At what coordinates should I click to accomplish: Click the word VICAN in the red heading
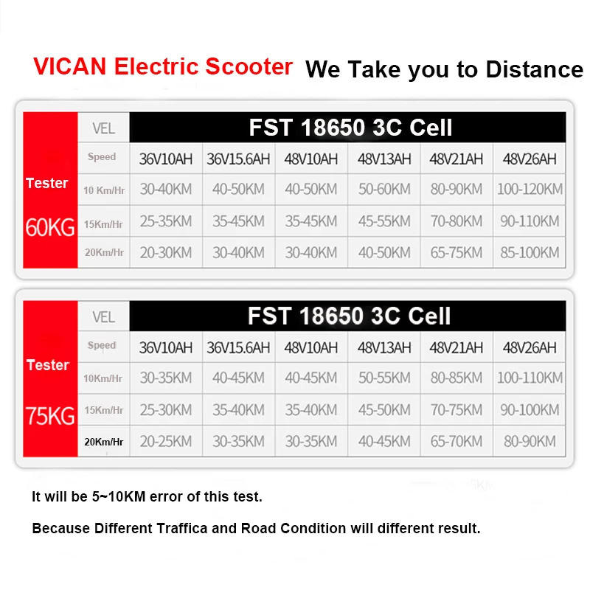(x=69, y=66)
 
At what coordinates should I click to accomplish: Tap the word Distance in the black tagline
(x=535, y=69)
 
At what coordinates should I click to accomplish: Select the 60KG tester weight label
(x=50, y=227)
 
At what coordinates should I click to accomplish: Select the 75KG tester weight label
(x=50, y=416)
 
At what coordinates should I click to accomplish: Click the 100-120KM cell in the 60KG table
(x=530, y=189)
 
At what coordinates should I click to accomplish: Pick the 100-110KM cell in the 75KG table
(x=530, y=378)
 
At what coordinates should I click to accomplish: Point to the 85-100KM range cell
(x=530, y=252)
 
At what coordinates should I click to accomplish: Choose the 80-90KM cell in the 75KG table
(x=530, y=441)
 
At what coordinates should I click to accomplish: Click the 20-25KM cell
(x=166, y=441)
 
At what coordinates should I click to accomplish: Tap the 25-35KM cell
(x=166, y=221)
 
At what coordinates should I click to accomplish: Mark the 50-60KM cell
(x=384, y=189)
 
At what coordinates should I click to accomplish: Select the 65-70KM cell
(x=457, y=441)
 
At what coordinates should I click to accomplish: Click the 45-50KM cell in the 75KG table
(x=384, y=410)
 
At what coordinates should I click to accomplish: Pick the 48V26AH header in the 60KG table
(x=530, y=159)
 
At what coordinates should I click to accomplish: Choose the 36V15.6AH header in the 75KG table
(x=238, y=347)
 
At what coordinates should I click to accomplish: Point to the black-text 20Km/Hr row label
(x=104, y=442)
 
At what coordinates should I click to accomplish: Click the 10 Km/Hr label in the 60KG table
(x=104, y=190)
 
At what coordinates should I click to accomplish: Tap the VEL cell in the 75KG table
(x=103, y=317)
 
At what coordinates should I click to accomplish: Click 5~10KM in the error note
(x=119, y=496)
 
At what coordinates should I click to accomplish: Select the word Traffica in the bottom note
(x=181, y=528)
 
